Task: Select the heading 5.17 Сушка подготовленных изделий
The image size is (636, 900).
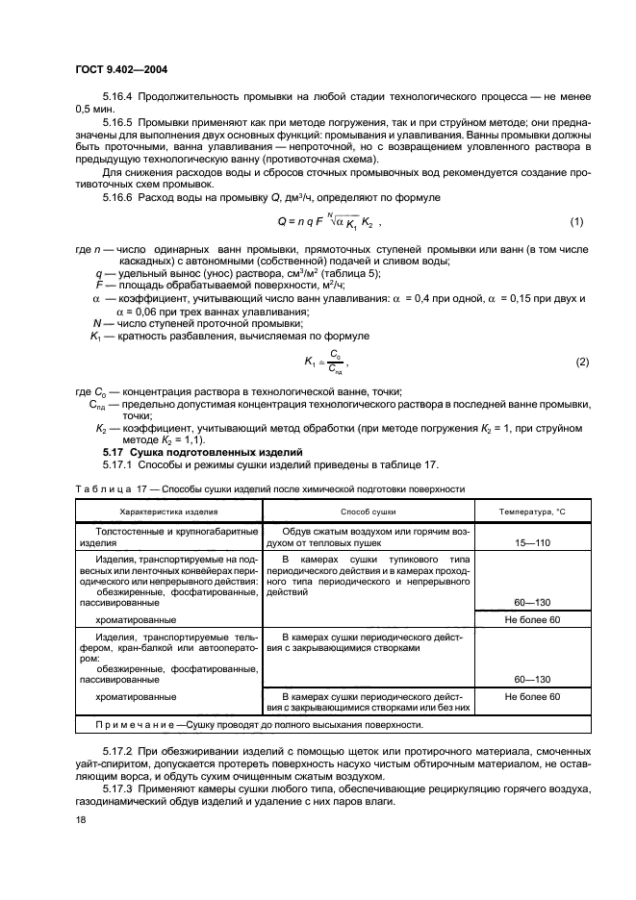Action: (203, 452)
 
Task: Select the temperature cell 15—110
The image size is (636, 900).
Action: (532, 542)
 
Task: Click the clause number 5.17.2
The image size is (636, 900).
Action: (118, 749)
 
